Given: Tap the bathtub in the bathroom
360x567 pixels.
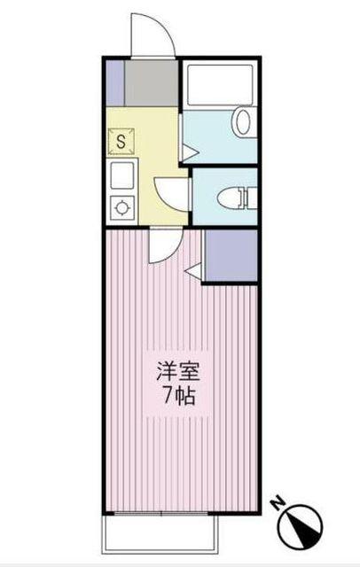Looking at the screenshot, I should coord(219,86).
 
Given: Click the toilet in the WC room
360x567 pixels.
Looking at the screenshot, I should coord(240,198).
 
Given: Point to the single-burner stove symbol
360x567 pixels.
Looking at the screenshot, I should coord(121,207).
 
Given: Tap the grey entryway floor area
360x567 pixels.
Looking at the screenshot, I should coord(151,82).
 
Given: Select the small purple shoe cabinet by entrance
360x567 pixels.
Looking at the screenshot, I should coord(113,82).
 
